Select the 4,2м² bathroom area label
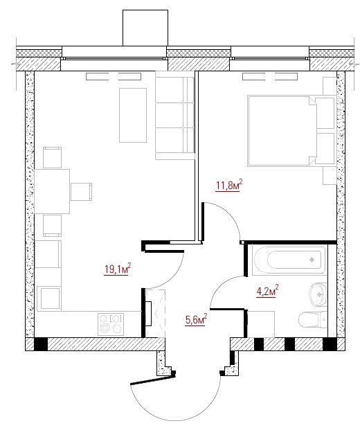pyautogui.click(x=267, y=291)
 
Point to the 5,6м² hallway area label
pyautogui.click(x=196, y=319)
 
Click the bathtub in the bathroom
pyautogui.click(x=289, y=260)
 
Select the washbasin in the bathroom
pyautogui.click(x=318, y=294)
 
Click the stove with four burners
pyautogui.click(x=111, y=324)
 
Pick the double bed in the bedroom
pyautogui.click(x=291, y=130)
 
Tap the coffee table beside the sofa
pyautogui.click(x=133, y=115)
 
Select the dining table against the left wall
pyautogui.click(x=52, y=191)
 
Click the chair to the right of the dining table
pyautogui.click(x=81, y=192)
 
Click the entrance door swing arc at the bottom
pyautogui.click(x=174, y=420)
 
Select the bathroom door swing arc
pyautogui.click(x=218, y=285)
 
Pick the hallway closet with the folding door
pyautogui.click(x=155, y=313)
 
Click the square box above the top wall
pyautogui.click(x=145, y=28)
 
